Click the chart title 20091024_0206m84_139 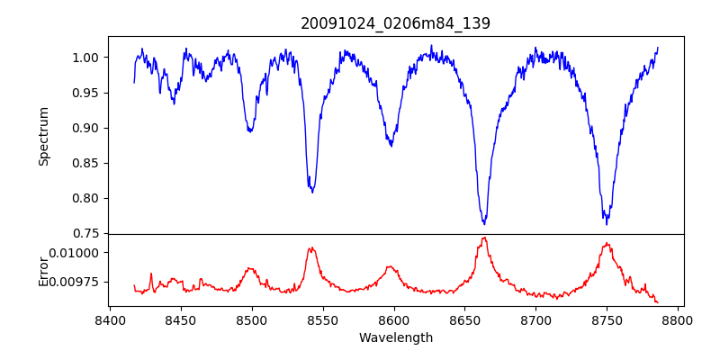pyautogui.click(x=395, y=23)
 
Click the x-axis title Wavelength pyautogui.click(x=395, y=337)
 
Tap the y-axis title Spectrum pyautogui.click(x=43, y=136)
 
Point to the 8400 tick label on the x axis pyautogui.click(x=110, y=319)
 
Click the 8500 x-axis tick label pyautogui.click(x=252, y=319)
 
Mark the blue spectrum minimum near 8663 pyautogui.click(x=484, y=223)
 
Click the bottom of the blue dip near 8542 pyautogui.click(x=312, y=192)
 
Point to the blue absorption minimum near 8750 pyautogui.click(x=607, y=223)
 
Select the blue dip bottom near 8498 pyautogui.click(x=250, y=131)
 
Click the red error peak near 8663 pyautogui.click(x=484, y=238)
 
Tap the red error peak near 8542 pyautogui.click(x=311, y=247)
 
